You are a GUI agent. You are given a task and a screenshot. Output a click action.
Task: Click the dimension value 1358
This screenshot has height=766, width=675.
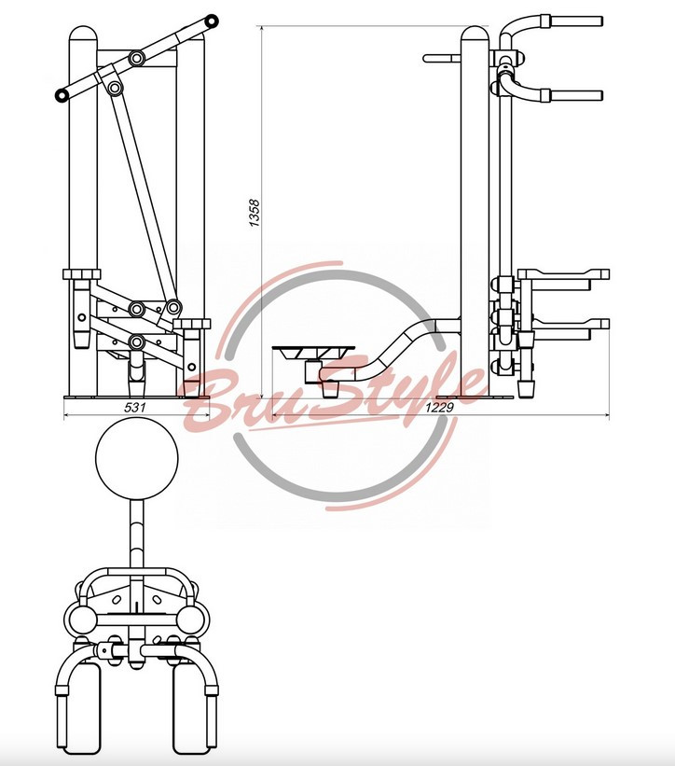coord(255,213)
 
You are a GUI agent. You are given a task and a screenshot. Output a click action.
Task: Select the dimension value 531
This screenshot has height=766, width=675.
coord(134,407)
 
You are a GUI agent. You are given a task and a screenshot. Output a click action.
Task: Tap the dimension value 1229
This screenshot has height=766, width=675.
coord(439,407)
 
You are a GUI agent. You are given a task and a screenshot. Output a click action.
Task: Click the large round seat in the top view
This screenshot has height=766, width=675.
coord(137,458)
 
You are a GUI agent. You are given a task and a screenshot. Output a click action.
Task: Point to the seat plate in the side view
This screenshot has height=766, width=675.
coord(313,351)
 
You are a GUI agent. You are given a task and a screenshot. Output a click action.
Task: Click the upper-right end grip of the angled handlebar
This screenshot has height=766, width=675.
coord(212,21)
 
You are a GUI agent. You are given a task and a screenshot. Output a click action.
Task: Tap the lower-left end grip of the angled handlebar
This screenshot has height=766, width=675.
coord(61,95)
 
